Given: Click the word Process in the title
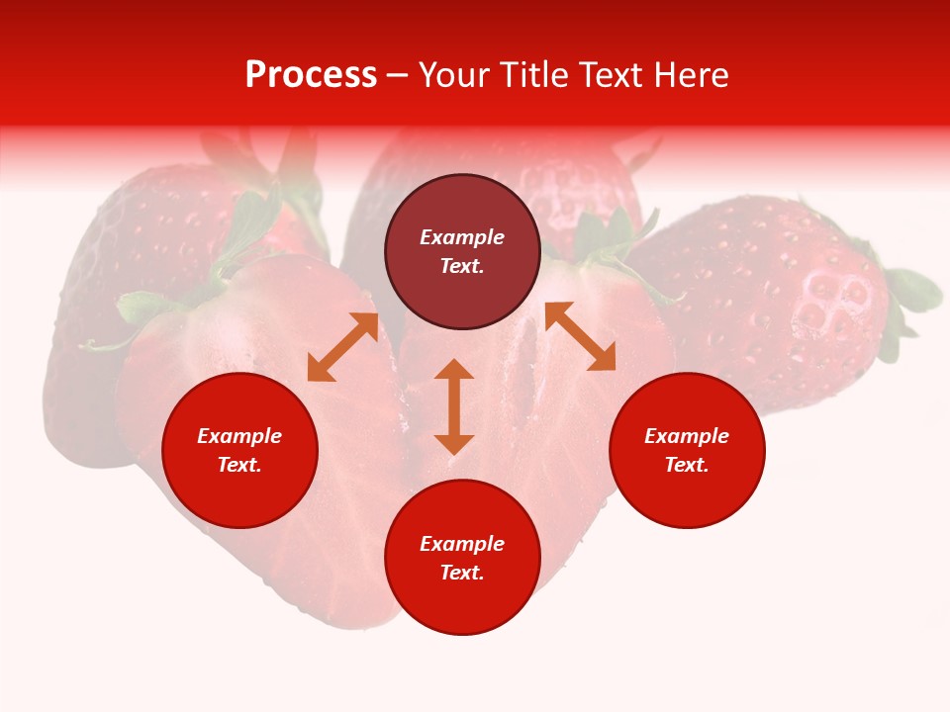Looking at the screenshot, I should pos(311,75).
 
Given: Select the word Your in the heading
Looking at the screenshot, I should pos(455,75).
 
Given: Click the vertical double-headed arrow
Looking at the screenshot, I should pos(454,406).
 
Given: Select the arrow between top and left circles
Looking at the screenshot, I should pos(342,347).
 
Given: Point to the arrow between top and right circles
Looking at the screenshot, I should pos(580,336).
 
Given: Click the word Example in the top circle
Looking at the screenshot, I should pos(462,237).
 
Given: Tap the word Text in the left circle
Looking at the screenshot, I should pos(239,465).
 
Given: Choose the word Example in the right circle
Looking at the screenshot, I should pos(687,436).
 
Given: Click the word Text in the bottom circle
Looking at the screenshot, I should pos(462,573).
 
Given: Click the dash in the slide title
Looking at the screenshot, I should pos(398,76).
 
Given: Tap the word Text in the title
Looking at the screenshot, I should pos(606,75).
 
